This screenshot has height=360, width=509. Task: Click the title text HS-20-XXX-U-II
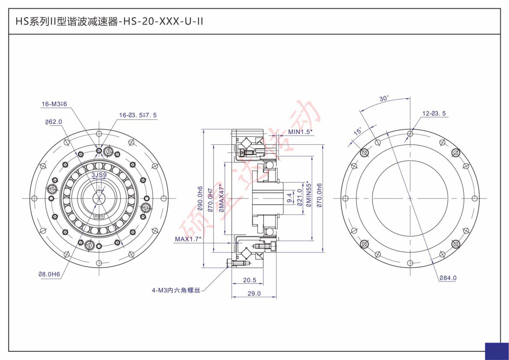click(x=109, y=22)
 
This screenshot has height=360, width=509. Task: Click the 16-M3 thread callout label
click(x=54, y=104)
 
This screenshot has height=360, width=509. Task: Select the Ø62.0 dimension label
click(x=54, y=122)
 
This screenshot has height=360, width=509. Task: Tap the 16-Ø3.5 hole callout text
click(x=138, y=115)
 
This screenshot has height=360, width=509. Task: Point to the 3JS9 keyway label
click(x=99, y=175)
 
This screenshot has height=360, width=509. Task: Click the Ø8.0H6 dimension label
click(x=49, y=274)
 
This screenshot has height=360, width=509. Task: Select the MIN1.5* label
click(x=300, y=132)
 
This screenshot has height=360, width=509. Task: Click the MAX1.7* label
click(x=188, y=239)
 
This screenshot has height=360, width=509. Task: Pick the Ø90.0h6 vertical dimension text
click(x=200, y=198)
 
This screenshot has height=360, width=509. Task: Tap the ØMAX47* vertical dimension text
click(x=222, y=198)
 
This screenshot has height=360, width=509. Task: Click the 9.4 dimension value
click(x=289, y=198)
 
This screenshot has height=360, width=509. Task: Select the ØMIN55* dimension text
click(x=309, y=194)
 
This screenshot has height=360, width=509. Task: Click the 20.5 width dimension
click(x=250, y=280)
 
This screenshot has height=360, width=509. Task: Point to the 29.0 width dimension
click(x=254, y=293)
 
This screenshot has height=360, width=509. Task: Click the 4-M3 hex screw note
click(x=176, y=290)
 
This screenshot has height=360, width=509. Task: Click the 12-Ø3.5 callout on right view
click(x=434, y=113)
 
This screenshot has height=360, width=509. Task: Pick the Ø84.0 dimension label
click(x=448, y=278)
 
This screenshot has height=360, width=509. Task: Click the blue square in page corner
click(x=497, y=351)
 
